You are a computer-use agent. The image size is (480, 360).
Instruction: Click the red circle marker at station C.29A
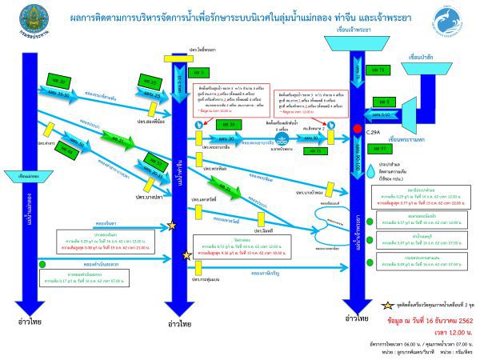click(357, 129)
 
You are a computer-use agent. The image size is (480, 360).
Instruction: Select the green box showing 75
click(380, 71)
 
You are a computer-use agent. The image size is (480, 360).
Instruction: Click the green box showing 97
click(379, 149)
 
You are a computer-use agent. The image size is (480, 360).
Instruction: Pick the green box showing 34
click(226, 125)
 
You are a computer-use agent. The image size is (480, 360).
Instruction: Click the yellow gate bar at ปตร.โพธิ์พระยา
click(177, 58)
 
